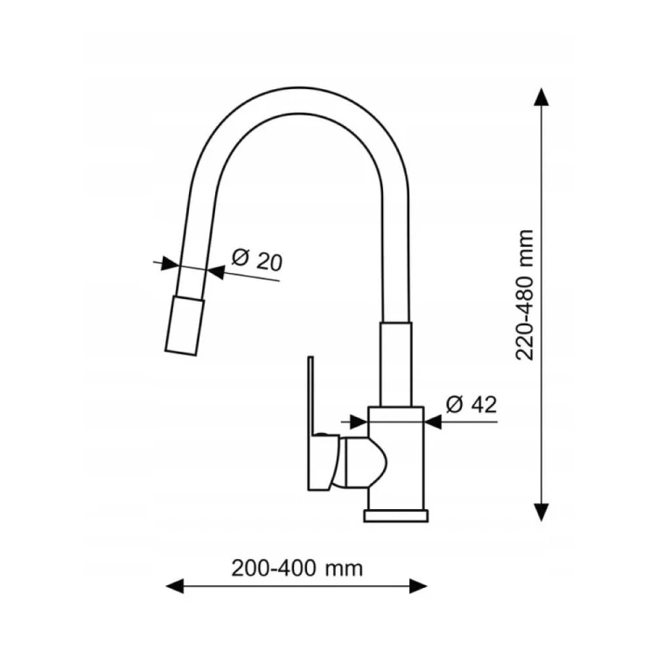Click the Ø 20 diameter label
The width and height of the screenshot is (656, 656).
[257, 261]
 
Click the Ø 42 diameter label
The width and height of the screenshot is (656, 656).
[471, 404]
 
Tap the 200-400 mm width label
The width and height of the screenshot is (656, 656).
[297, 569]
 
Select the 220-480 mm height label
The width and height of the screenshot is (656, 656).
[525, 295]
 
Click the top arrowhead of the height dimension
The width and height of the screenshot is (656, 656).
[541, 97]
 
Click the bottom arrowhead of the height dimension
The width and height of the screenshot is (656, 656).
[541, 512]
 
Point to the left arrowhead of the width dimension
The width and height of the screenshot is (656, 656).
[175, 586]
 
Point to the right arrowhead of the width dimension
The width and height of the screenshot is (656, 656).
[418, 586]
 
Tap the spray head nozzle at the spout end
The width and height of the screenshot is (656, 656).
[185, 325]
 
